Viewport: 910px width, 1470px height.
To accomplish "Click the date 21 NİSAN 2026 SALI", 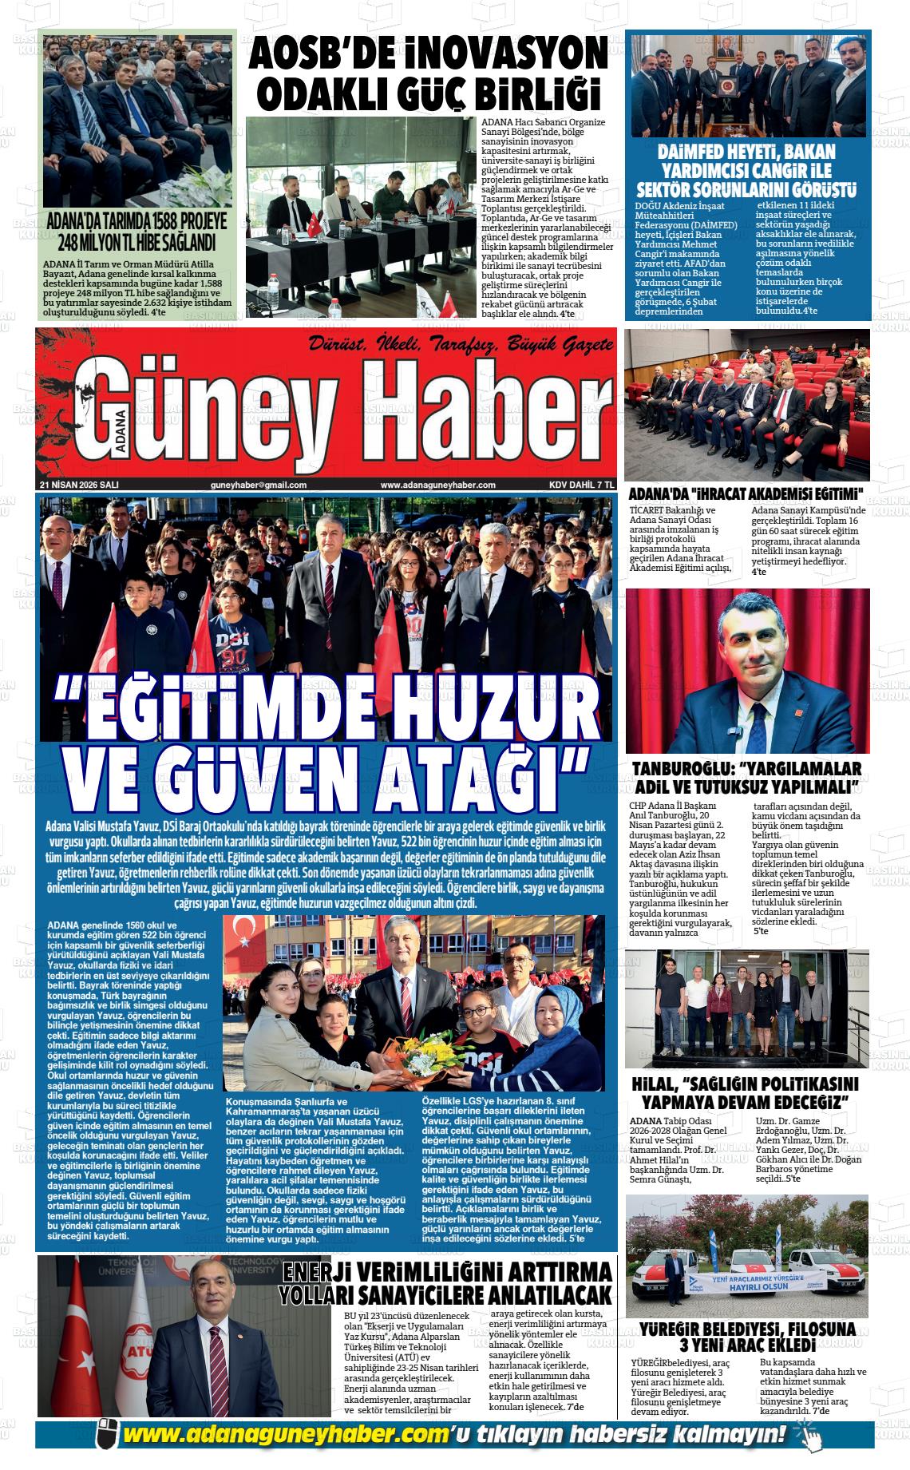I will tap(79, 485).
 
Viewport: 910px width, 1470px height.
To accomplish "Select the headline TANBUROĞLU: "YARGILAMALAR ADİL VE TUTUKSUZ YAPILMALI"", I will tap(747, 778).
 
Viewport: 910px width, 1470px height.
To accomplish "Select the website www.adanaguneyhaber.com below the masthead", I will tap(438, 485).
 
